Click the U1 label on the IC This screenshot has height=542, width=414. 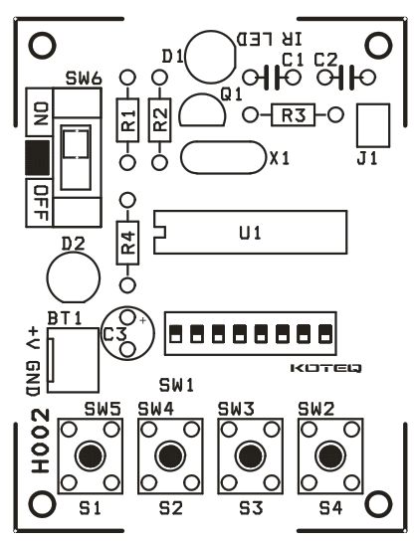click(x=251, y=234)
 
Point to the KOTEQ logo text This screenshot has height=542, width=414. click(x=325, y=368)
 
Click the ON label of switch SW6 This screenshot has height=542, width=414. click(x=41, y=113)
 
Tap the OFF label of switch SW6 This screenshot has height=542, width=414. click(x=41, y=203)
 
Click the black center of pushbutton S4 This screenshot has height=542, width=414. click(x=331, y=455)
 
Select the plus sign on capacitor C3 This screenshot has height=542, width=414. click(x=143, y=321)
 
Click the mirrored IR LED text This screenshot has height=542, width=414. click(x=270, y=39)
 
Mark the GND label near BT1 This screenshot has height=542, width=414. click(x=34, y=378)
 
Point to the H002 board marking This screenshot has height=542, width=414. click(x=41, y=441)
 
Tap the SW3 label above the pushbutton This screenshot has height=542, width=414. click(x=236, y=410)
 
